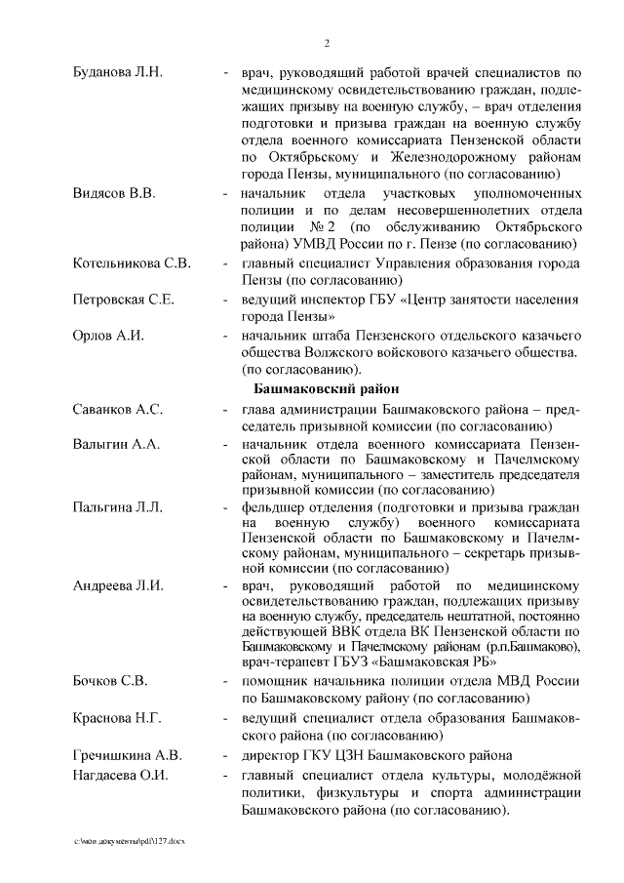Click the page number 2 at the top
coord(327,43)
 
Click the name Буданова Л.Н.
coord(118,73)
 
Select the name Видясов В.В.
coord(114,192)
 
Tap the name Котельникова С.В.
coord(132,263)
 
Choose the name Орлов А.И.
coord(108,336)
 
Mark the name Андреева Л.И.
coord(118,585)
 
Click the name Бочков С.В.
coord(110,680)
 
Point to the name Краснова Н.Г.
coord(117,718)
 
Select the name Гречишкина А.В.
coord(127,755)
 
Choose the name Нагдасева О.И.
coord(121,775)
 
